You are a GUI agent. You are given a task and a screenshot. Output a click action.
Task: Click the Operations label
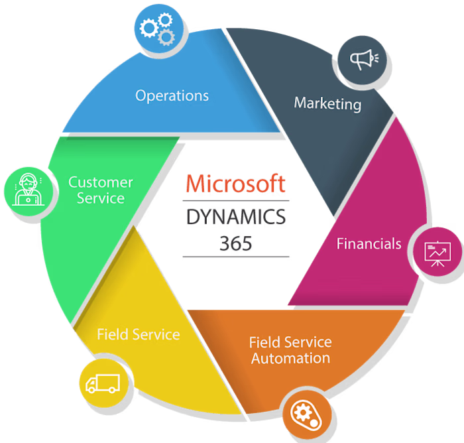tap(172, 95)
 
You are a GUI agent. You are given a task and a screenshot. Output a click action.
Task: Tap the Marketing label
tap(327, 103)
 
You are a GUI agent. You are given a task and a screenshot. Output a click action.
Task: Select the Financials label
tap(369, 243)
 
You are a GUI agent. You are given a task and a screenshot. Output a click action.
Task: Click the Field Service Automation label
tap(290, 350)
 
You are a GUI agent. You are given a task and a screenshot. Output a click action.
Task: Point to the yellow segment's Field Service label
tap(138, 334)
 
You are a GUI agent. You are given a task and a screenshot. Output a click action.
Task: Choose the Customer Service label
tap(101, 190)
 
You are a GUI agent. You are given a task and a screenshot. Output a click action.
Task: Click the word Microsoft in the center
tap(236, 184)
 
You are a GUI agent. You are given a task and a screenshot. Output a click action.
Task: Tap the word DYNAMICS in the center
tap(236, 217)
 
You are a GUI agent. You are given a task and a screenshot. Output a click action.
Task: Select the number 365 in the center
tap(236, 243)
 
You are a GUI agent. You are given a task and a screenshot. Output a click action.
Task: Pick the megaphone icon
tap(363, 60)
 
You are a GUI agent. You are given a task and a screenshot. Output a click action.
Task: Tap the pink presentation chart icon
tap(437, 253)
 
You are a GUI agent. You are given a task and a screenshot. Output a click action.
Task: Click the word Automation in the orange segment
tap(290, 358)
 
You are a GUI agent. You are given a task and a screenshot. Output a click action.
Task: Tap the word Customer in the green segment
tap(101, 182)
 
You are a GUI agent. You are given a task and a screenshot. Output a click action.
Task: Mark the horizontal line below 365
tap(236, 257)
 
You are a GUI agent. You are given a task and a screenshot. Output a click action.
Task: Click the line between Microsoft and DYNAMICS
tap(236, 200)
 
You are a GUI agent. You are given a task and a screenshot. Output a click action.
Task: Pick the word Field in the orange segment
tap(263, 342)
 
